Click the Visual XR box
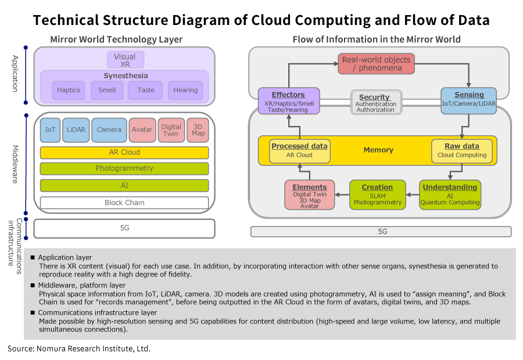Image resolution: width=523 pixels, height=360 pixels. [x=125, y=60]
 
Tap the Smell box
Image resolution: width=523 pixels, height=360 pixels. [x=107, y=90]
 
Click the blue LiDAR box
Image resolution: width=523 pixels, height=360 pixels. [x=76, y=130]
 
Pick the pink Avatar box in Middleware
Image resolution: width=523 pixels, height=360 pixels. [x=142, y=130]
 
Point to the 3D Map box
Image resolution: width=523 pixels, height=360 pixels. [x=198, y=130]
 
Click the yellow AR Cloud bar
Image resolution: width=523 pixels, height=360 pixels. [x=124, y=153]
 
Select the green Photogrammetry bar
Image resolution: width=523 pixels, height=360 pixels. [x=124, y=169]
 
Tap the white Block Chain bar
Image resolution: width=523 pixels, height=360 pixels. [x=124, y=203]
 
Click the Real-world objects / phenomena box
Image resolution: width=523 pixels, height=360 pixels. [x=376, y=64]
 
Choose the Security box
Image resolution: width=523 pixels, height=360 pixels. [x=375, y=103]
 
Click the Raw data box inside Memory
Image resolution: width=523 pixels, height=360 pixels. [x=462, y=151]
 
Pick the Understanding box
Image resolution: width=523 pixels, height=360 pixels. [x=450, y=195]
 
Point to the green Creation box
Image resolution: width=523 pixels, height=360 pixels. [x=377, y=195]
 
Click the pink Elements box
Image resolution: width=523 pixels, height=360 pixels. [x=309, y=195]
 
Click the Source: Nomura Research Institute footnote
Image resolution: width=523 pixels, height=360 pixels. [x=79, y=349]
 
